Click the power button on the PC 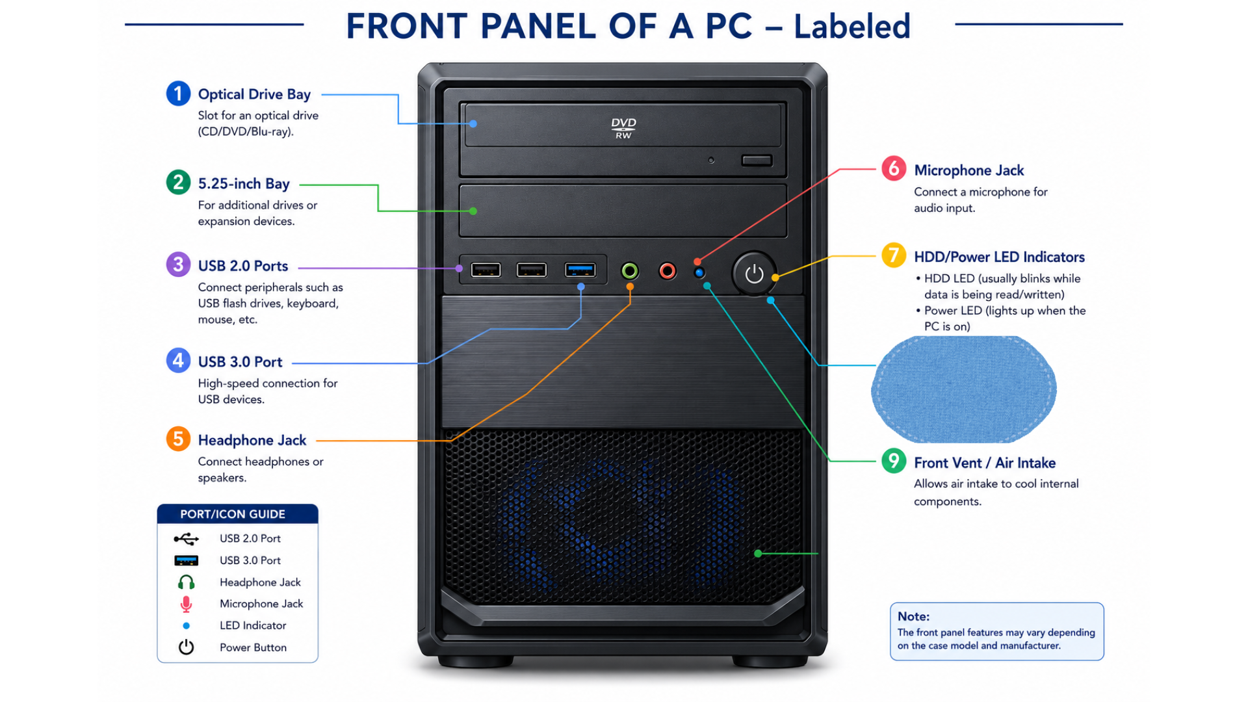tap(754, 274)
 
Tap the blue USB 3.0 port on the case tap(580, 270)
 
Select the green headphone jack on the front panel tap(629, 270)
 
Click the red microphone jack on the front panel tap(667, 270)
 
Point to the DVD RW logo tap(623, 128)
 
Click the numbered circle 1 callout tap(178, 94)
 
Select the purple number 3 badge tap(178, 265)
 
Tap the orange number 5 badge tap(178, 439)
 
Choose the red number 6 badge tap(894, 168)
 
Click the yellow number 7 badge tap(894, 255)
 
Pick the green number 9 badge tap(894, 461)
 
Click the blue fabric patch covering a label tap(963, 389)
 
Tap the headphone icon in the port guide tap(186, 582)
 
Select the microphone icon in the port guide tap(186, 604)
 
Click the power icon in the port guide tap(186, 647)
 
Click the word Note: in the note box tap(913, 616)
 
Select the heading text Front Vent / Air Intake tap(985, 463)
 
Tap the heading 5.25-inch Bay tap(244, 184)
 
